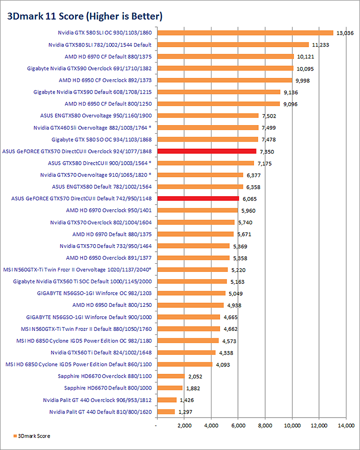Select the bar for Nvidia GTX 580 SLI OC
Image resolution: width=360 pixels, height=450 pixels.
(245, 33)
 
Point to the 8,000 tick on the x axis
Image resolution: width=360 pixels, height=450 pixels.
(265, 425)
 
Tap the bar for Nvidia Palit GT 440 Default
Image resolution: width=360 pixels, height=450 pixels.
(166, 411)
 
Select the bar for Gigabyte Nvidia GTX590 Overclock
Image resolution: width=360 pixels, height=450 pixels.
(225, 69)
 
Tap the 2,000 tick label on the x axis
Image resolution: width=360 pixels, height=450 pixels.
(184, 425)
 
